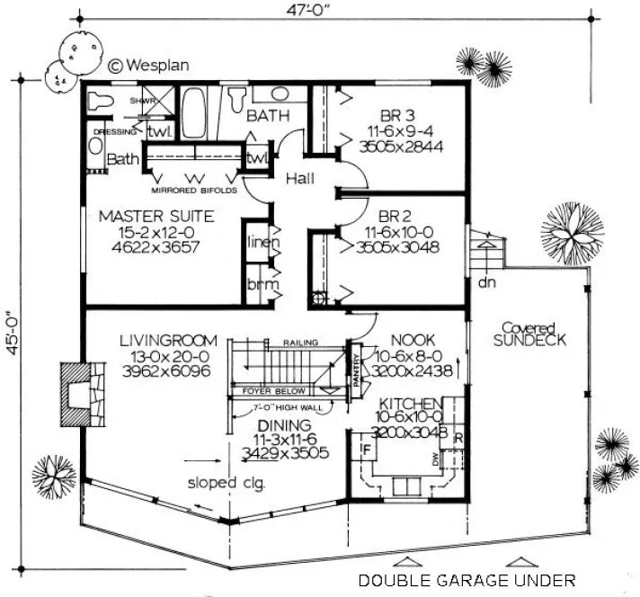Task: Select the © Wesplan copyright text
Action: [x=149, y=65]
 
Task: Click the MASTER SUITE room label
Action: [x=156, y=216]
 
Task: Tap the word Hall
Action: [x=298, y=180]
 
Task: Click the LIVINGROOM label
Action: [x=168, y=341]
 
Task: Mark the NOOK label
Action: [x=413, y=340]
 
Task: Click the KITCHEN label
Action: [x=411, y=404]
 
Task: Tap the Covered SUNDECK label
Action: [x=529, y=334]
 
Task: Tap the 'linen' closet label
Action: [x=262, y=243]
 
